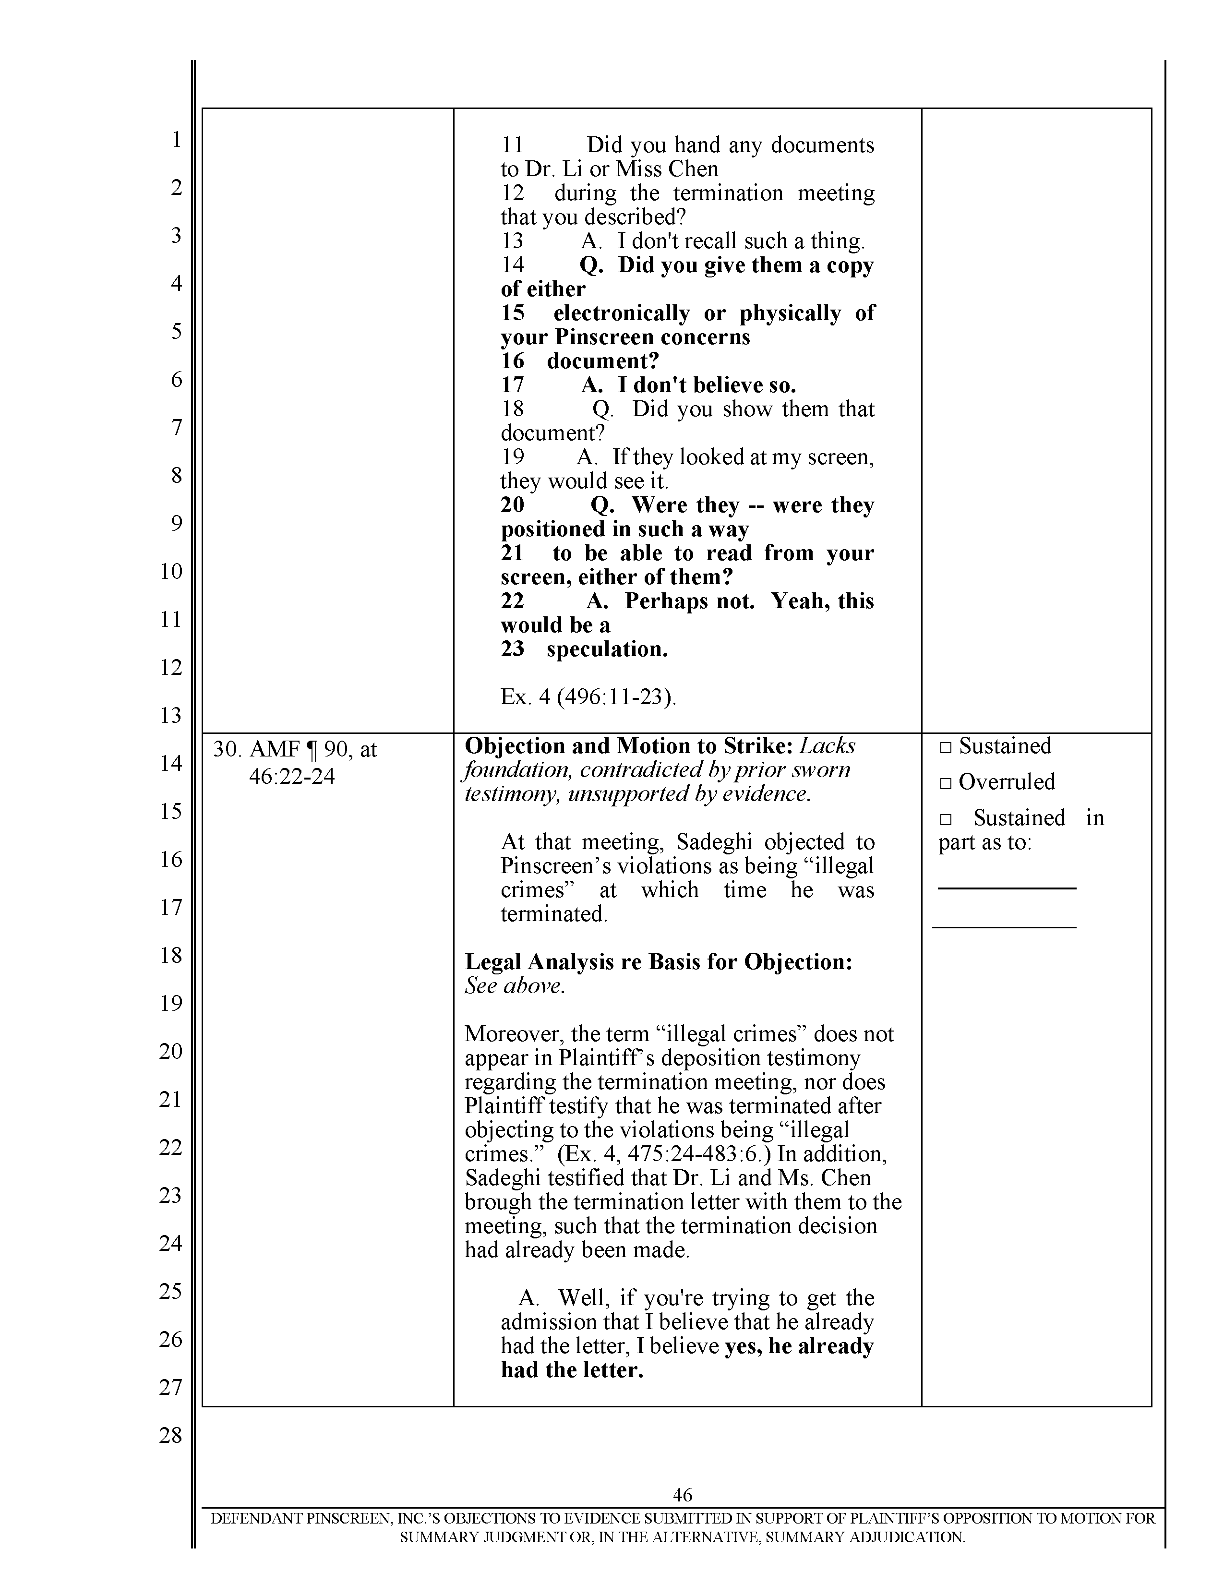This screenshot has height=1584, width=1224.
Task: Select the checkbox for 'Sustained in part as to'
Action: (945, 819)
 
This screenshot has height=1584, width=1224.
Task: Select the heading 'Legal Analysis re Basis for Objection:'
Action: (658, 962)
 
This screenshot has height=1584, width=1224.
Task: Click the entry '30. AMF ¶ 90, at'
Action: (294, 749)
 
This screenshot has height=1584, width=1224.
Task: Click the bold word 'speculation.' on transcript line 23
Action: (607, 649)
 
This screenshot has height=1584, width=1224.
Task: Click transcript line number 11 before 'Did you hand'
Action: (512, 145)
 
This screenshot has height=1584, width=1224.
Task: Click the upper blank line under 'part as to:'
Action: (1007, 888)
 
